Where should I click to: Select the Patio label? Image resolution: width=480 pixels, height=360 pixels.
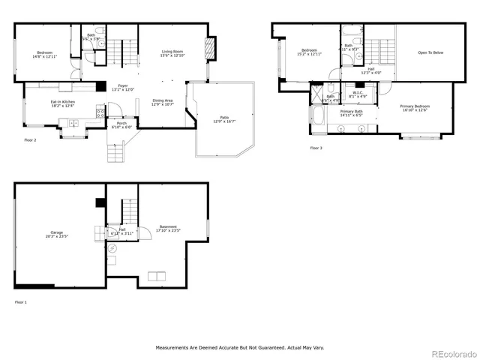click(x=224, y=117)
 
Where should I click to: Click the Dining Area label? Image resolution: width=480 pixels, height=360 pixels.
click(x=163, y=100)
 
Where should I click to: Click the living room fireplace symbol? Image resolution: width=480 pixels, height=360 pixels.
click(x=208, y=52)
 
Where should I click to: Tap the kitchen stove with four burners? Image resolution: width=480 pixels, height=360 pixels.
click(x=99, y=113)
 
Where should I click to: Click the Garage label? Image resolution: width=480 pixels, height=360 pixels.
click(x=56, y=232)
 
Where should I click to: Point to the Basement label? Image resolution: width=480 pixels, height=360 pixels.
click(x=168, y=226)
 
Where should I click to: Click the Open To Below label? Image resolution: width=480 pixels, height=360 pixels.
click(x=430, y=52)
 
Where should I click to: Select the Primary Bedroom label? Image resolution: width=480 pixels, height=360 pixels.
click(x=415, y=106)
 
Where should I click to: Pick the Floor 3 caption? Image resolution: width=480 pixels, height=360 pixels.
click(x=316, y=148)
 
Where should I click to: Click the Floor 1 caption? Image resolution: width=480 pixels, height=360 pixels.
click(x=20, y=301)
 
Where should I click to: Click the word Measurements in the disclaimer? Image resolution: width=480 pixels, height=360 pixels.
click(x=173, y=348)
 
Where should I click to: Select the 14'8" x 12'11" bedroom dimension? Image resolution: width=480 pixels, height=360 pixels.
click(x=45, y=56)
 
